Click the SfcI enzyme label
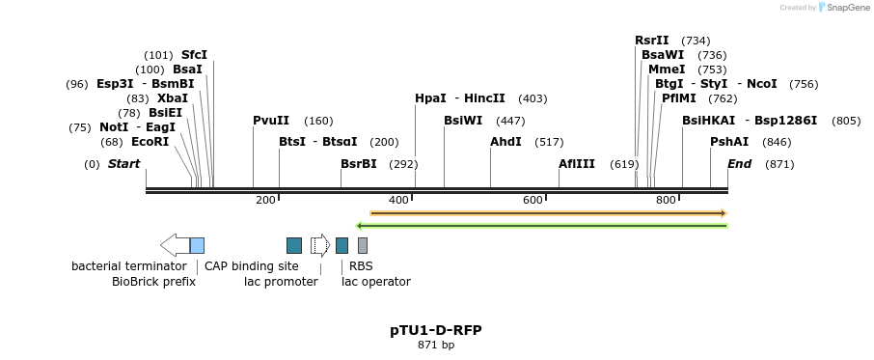pos(194,55)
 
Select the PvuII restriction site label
pos(271,121)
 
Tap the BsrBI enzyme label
pos(359,164)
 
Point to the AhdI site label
pos(505,142)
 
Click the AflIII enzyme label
pos(577,164)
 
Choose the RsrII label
pos(652,41)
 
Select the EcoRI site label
pos(150,142)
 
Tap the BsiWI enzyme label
pos(463,121)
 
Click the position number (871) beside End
pos(778,164)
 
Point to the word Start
pos(123,164)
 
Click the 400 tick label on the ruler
pos(398,200)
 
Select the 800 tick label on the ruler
pos(666,200)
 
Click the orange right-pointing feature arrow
pos(548,212)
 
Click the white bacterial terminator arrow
pos(175,245)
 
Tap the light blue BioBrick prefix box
pos(197,245)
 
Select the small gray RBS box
pos(363,245)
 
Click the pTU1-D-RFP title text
pos(436,330)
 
